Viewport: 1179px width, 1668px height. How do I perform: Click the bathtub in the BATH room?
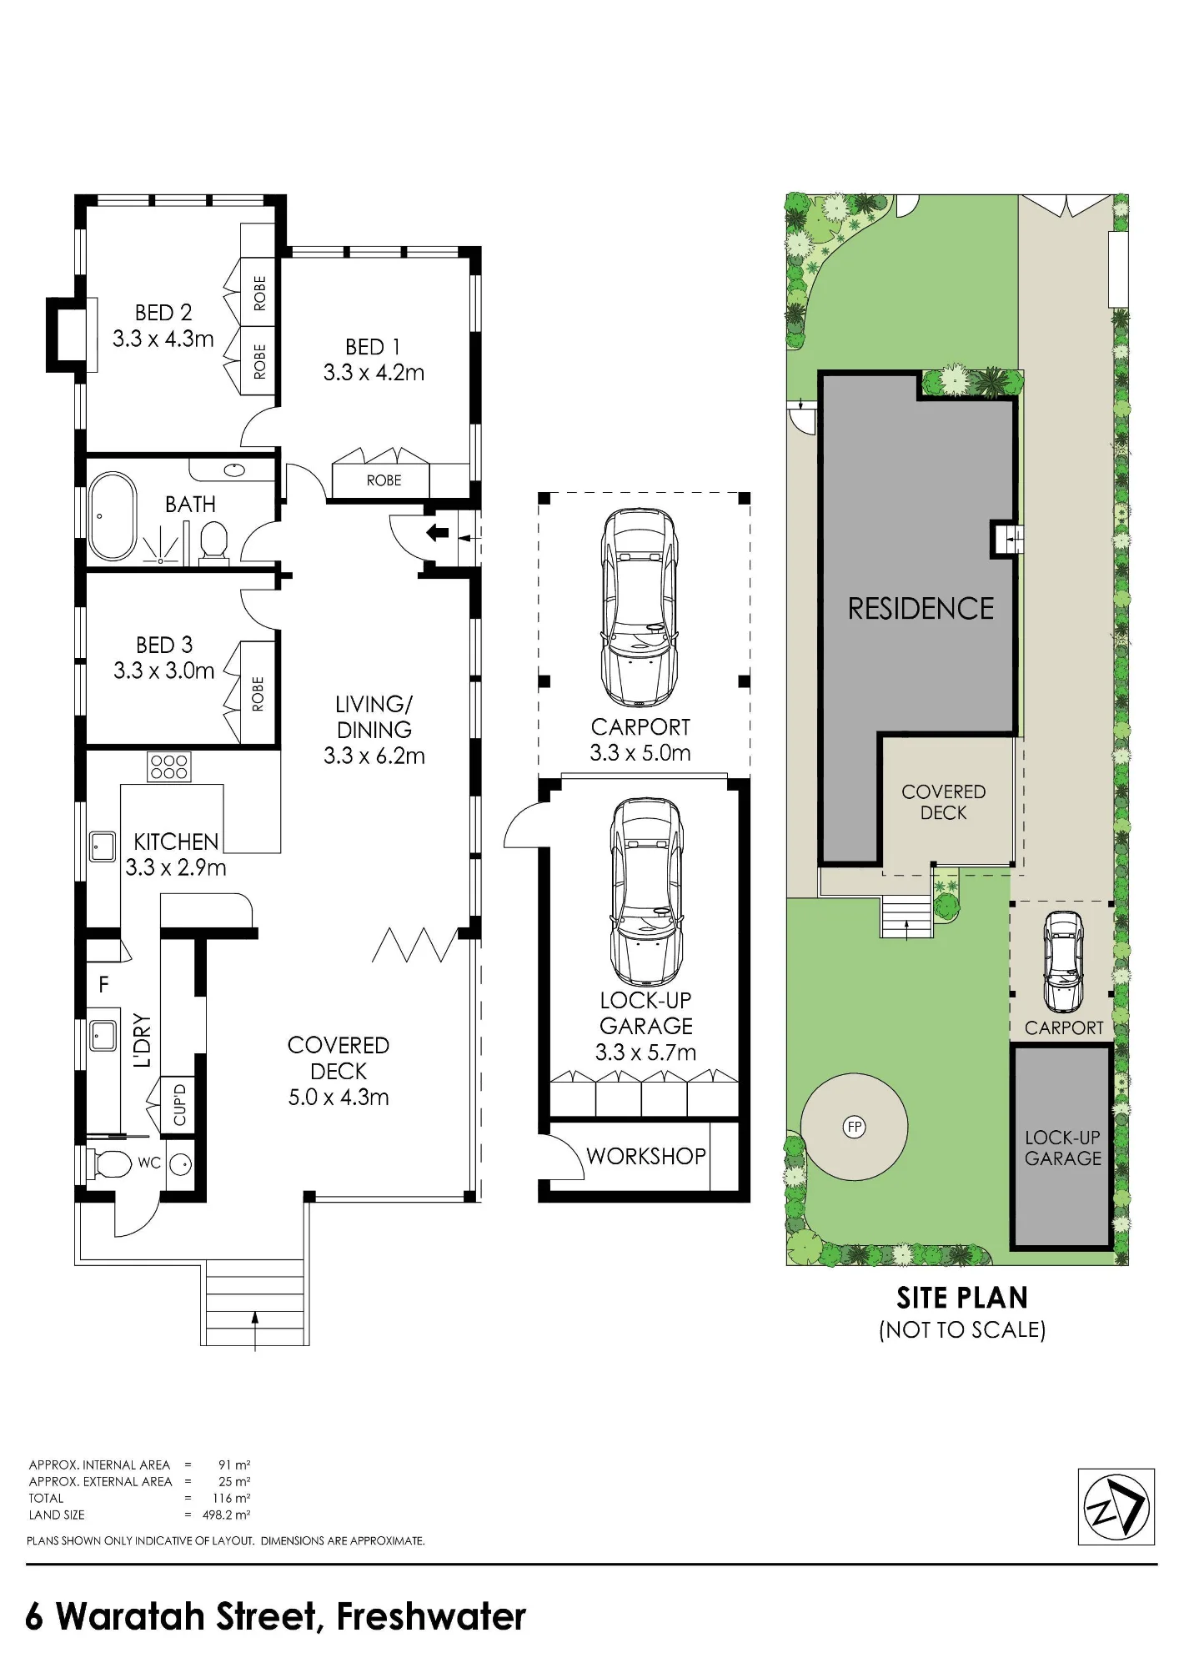click(113, 517)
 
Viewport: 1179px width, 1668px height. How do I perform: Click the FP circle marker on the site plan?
click(855, 1128)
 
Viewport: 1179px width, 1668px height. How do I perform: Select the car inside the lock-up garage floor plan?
click(647, 892)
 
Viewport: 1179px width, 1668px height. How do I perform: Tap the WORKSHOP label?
click(646, 1156)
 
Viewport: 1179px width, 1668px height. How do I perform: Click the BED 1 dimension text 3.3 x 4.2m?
click(374, 373)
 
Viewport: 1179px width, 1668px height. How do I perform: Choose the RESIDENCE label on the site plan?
click(921, 609)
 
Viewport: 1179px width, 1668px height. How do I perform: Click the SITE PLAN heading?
click(962, 1299)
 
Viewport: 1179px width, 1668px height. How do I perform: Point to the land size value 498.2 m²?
click(227, 1515)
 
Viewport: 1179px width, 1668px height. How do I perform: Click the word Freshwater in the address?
click(431, 1616)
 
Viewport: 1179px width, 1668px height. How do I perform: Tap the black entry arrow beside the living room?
click(438, 533)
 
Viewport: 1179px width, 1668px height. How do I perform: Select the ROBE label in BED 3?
click(258, 694)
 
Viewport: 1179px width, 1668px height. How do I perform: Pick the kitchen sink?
click(103, 846)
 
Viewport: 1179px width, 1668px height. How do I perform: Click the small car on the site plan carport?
click(1062, 962)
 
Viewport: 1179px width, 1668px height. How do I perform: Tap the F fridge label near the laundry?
click(103, 985)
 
